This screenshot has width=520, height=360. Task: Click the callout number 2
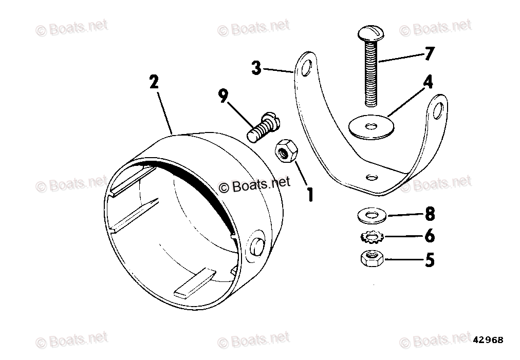coord(154,82)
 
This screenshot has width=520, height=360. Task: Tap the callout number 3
coord(256,67)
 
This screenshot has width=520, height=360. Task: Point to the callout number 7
coord(429,53)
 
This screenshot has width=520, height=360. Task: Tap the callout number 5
coord(429,260)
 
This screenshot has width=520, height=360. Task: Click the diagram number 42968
coord(488,340)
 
